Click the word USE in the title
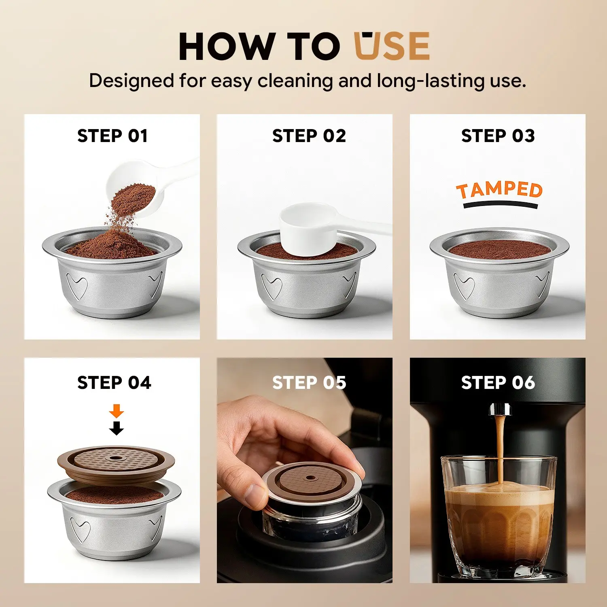click(392, 46)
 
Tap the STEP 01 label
click(112, 136)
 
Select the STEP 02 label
click(309, 136)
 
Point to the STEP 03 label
click(498, 136)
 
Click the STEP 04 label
click(114, 383)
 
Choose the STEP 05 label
click(309, 383)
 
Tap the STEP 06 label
click(498, 383)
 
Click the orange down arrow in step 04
click(117, 411)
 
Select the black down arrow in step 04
click(117, 428)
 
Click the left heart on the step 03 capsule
click(464, 285)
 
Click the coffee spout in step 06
click(500, 409)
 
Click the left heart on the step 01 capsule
click(77, 285)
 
